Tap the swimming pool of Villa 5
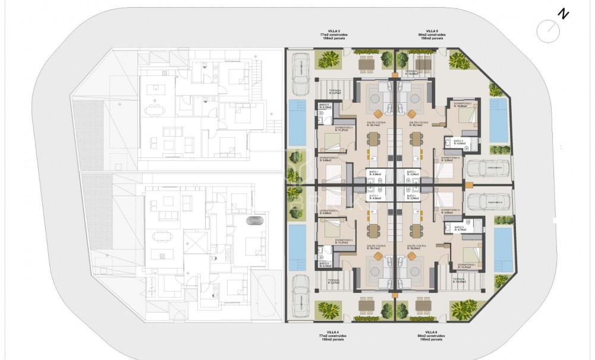499,119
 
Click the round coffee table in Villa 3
377,113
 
